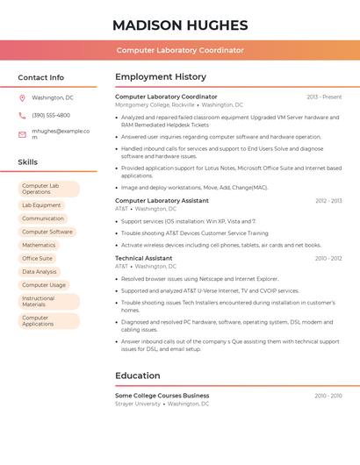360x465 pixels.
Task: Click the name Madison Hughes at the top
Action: tap(180, 25)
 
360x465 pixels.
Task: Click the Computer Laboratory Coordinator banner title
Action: tap(180, 50)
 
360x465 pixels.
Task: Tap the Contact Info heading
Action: tap(40, 77)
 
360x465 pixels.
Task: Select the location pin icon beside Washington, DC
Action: tap(22, 98)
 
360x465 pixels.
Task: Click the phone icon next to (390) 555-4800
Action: tap(22, 116)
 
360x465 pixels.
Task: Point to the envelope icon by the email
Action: tap(22, 134)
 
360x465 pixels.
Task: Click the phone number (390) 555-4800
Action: tap(51, 116)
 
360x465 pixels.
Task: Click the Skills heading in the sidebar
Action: tap(27, 162)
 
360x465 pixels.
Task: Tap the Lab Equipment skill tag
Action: tap(41, 205)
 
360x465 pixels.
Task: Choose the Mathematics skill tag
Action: tap(39, 245)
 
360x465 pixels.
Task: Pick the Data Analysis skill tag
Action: tap(40, 272)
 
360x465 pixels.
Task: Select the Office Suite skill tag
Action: tap(37, 259)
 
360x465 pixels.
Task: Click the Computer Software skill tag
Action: tap(47, 232)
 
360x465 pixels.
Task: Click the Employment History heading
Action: tap(161, 77)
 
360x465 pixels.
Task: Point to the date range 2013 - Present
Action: tap(324, 97)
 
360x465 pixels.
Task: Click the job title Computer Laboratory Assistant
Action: tap(162, 201)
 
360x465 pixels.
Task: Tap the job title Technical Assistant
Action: tap(143, 259)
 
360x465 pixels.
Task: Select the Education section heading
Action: tap(137, 376)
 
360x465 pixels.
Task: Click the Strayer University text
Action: tap(138, 404)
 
